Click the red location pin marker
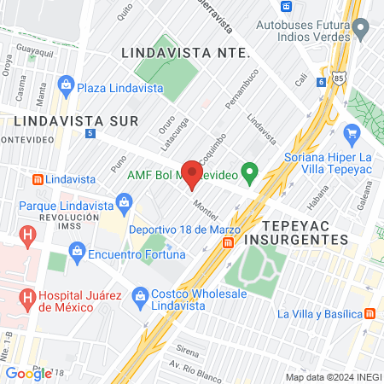point(192,174)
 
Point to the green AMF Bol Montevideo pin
point(249,174)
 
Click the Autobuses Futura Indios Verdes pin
point(361,31)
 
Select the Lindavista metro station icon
point(37,180)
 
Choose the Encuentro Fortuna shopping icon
point(78,253)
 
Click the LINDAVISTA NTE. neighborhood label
point(185,52)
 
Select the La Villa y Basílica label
point(320,314)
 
